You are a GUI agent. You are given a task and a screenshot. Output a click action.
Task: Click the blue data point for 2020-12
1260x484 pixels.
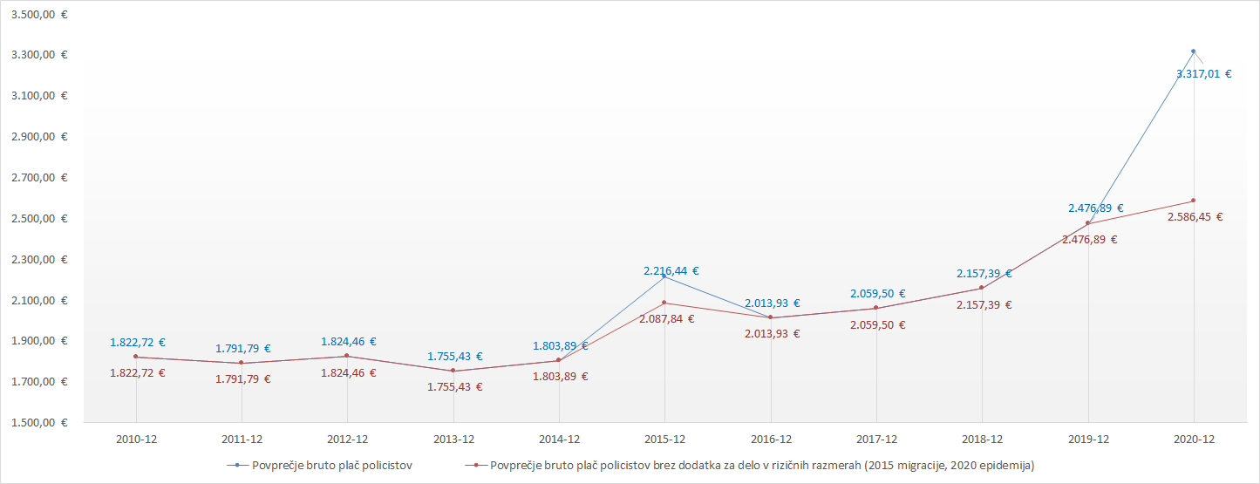[1194, 51]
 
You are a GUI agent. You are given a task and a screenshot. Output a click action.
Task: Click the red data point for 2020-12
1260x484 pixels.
[1194, 201]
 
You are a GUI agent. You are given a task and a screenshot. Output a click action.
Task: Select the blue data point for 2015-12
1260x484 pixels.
[664, 276]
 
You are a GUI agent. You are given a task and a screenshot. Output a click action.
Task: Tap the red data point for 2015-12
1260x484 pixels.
[664, 303]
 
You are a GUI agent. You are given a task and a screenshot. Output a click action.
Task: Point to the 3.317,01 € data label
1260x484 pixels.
[1203, 74]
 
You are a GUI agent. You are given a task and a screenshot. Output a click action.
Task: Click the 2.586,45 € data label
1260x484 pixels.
[1195, 217]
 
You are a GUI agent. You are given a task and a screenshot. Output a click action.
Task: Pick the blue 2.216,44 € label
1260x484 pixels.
[671, 271]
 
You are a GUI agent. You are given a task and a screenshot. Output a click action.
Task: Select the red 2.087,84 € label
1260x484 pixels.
[667, 319]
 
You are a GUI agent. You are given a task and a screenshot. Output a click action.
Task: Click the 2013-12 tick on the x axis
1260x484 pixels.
[453, 440]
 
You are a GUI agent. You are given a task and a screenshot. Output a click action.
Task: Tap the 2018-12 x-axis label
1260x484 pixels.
[982, 440]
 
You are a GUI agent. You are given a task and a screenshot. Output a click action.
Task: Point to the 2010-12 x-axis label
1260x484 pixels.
[136, 440]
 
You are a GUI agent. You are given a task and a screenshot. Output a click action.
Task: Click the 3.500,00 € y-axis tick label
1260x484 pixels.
[40, 15]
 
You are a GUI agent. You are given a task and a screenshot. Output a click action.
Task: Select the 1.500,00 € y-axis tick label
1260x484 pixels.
[40, 423]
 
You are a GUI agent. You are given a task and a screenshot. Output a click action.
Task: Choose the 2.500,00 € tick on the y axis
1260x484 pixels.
[40, 219]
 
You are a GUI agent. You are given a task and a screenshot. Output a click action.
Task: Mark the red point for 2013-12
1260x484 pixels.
[453, 371]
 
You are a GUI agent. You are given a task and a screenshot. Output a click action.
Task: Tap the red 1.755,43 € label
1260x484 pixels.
[454, 387]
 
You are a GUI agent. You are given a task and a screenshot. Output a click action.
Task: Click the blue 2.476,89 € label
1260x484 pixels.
[1095, 208]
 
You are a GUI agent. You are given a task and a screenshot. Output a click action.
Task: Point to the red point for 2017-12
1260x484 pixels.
[876, 308]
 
